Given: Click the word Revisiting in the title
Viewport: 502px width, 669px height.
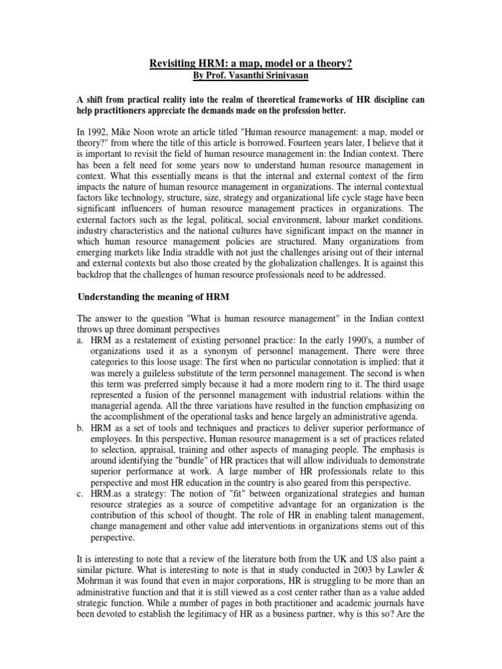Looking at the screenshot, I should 171,63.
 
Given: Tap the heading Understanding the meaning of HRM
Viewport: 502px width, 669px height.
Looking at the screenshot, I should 153,296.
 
